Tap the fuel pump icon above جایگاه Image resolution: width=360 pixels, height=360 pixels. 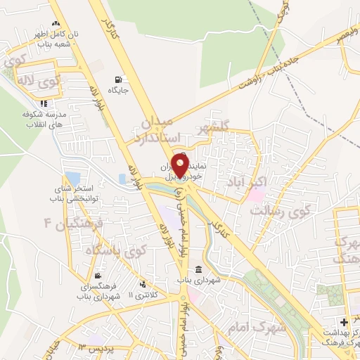(117, 79)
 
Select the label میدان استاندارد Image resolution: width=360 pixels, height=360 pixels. (161, 131)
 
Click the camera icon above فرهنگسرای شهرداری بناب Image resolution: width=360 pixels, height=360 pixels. (98, 276)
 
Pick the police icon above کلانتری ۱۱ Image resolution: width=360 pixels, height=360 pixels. (143, 284)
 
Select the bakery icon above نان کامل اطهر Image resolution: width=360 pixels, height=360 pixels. (56, 24)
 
